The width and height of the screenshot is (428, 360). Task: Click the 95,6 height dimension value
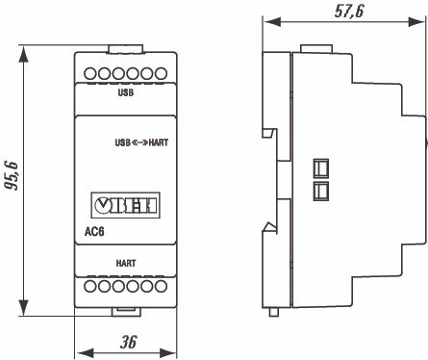(12, 176)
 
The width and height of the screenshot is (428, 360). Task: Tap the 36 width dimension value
(129, 342)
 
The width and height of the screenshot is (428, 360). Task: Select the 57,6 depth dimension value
(349, 12)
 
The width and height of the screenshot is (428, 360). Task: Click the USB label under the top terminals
(126, 92)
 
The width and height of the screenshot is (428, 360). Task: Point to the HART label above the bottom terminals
(126, 264)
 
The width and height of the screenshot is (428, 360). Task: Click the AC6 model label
(94, 231)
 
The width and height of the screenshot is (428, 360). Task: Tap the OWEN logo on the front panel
(125, 205)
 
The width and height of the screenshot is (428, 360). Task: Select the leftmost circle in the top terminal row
(90, 73)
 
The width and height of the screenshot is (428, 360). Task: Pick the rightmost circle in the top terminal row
(161, 73)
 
